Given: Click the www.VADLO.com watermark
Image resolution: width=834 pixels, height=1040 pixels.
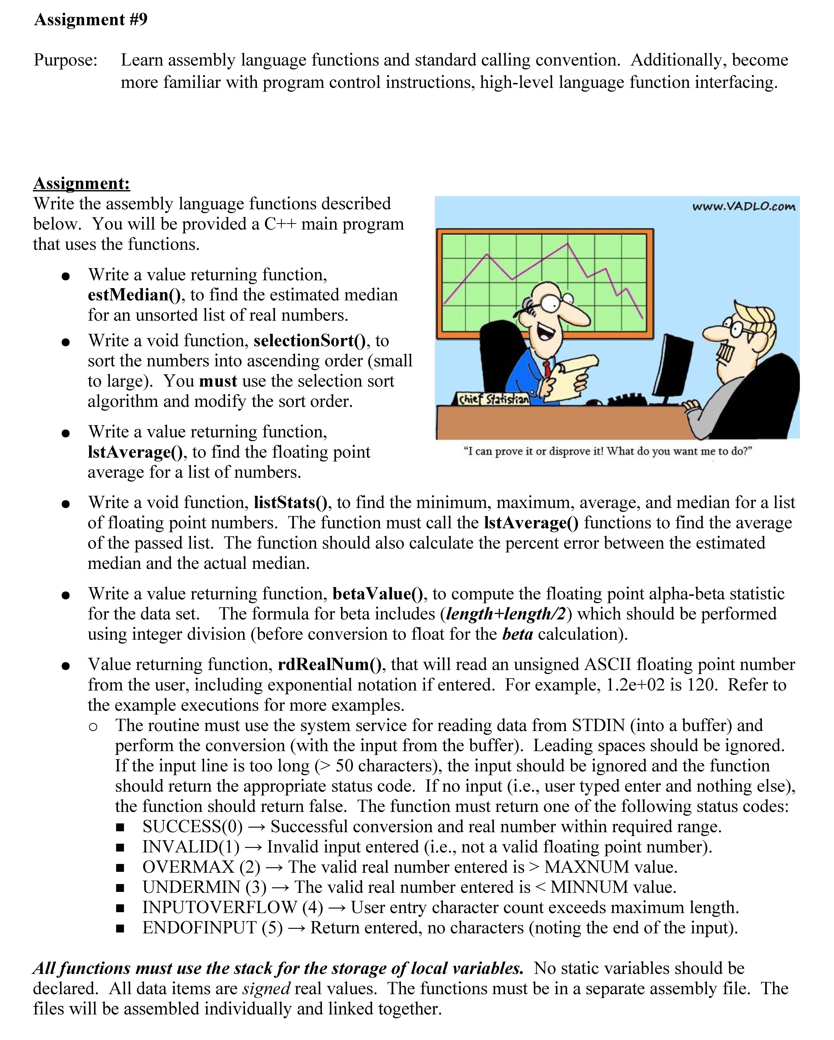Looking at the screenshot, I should [x=743, y=207].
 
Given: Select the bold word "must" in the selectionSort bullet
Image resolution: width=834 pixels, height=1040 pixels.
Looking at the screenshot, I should [x=218, y=381].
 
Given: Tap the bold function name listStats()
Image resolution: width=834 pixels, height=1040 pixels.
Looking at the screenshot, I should [x=290, y=503].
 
